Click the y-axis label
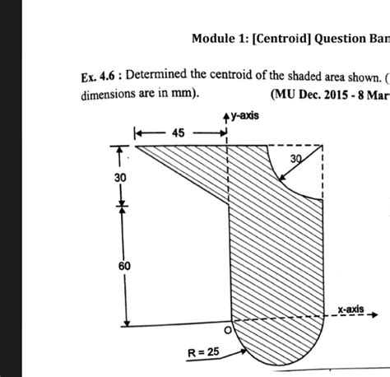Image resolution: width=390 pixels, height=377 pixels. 246,116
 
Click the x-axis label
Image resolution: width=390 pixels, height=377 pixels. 351,308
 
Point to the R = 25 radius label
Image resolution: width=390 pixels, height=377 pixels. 202,352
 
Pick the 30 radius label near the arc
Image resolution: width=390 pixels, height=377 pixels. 297,158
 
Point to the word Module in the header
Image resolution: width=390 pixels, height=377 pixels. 212,38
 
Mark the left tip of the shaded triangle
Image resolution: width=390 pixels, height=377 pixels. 136,147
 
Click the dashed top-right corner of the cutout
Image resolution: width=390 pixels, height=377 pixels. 322,147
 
